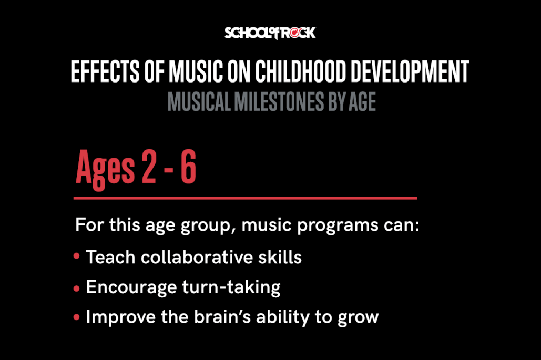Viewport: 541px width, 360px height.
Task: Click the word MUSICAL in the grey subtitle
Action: point(199,102)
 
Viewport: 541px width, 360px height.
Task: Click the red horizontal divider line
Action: point(245,198)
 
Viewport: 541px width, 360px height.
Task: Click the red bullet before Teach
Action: point(77,257)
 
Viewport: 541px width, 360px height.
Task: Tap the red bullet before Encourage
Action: point(77,288)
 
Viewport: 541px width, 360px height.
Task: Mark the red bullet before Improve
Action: point(77,317)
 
